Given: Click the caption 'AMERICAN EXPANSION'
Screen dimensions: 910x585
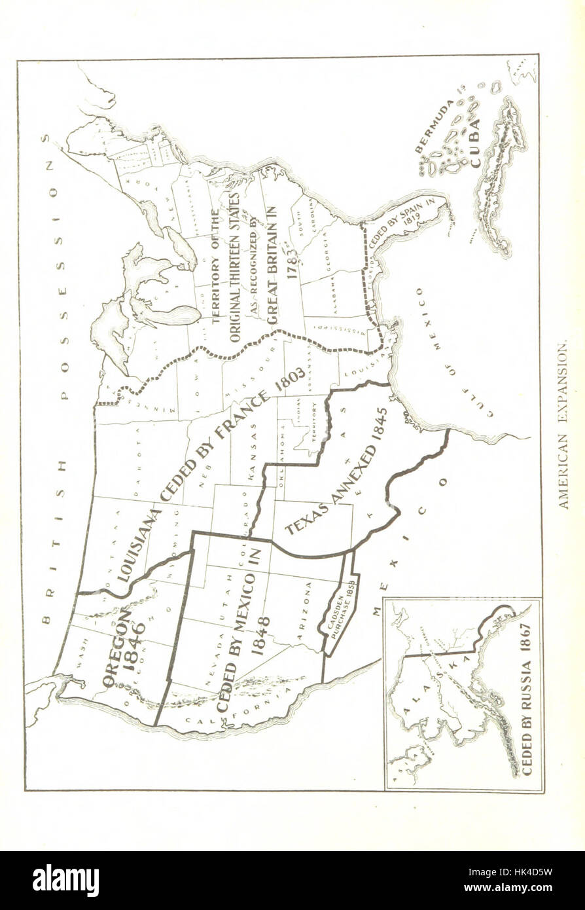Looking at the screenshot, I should (x=563, y=425).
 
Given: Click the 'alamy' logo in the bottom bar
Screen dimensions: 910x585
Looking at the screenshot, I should (x=65, y=880).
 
